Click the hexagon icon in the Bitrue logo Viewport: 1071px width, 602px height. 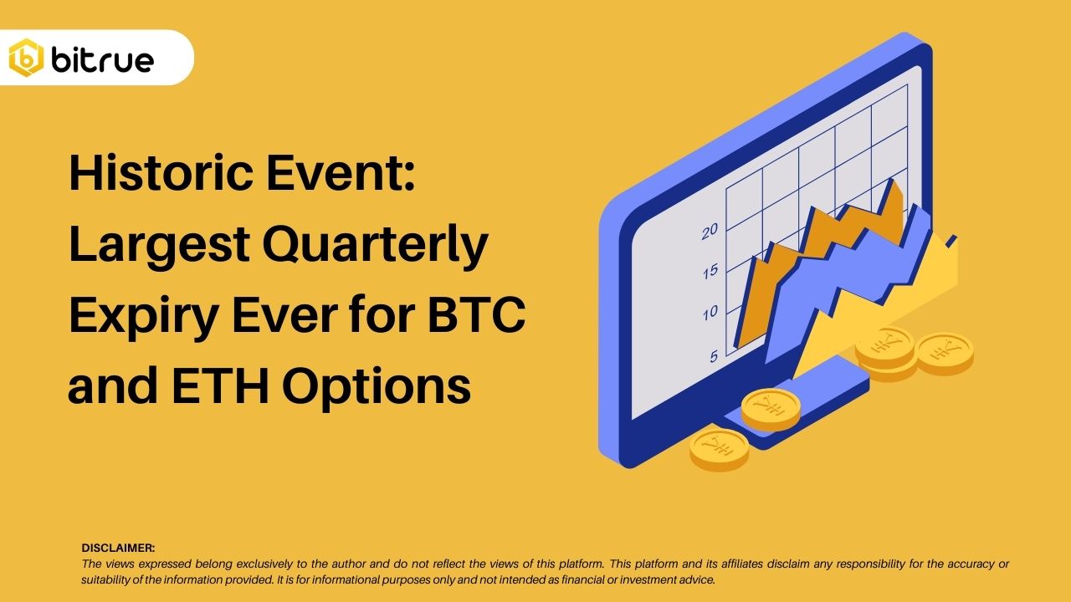26,59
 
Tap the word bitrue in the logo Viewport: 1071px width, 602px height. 102,59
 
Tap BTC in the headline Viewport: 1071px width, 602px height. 478,316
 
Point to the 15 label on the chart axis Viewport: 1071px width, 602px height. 710,271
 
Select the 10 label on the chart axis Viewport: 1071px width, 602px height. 710,313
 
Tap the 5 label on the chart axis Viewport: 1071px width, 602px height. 714,355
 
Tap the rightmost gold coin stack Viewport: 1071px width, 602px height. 944,352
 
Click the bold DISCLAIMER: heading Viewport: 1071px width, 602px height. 118,548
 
